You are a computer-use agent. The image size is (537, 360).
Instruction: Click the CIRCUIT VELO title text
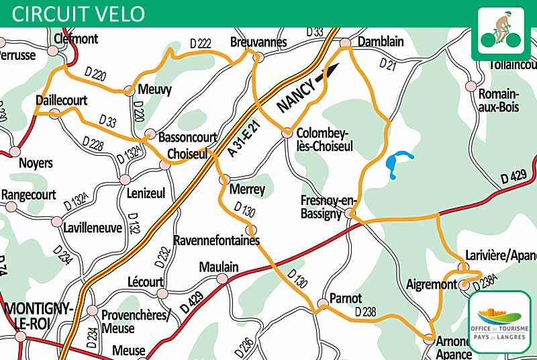78,13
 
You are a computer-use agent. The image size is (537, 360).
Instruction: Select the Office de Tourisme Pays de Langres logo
501,320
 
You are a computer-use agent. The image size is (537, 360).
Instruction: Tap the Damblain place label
381,42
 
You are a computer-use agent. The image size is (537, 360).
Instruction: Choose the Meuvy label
154,89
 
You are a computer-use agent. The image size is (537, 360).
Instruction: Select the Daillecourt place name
61,100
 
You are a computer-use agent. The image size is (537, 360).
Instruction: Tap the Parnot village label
346,298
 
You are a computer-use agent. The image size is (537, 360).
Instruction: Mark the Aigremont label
431,285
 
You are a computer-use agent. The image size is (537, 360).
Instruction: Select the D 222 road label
200,43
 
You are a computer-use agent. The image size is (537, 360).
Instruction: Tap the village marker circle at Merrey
225,180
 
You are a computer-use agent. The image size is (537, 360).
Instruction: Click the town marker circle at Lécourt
162,294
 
